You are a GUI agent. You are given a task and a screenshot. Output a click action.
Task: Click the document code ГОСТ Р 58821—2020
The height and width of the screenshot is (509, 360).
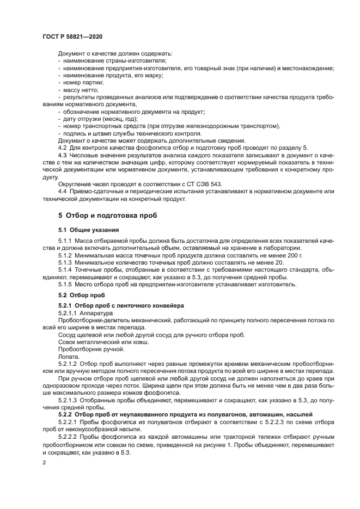coord(72,36)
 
